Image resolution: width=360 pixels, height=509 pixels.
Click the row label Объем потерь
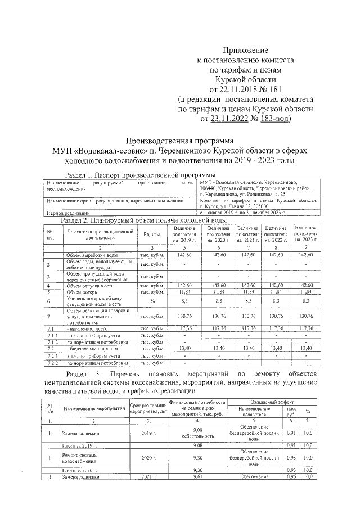tap(82, 292)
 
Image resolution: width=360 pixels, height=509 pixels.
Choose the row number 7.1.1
tap(52, 335)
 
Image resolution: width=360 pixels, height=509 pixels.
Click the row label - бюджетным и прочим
tap(92, 349)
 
